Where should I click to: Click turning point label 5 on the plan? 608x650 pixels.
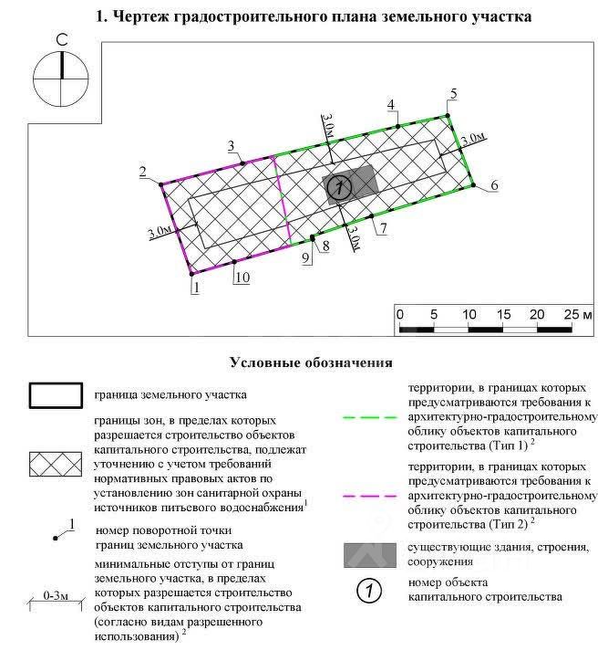pos(453,94)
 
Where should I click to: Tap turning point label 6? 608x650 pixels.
pos(493,185)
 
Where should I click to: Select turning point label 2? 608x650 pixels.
pos(142,172)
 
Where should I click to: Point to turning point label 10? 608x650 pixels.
pos(241,277)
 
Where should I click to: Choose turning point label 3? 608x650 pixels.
pos(232,146)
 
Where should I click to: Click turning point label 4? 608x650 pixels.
pos(391,104)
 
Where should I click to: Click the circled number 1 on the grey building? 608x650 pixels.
pos(338,187)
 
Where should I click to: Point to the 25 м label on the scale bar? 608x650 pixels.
pos(578,314)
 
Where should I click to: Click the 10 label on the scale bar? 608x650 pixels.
pos(470,314)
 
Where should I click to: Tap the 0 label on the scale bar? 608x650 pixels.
pos(400,314)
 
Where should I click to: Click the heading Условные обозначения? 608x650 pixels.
pos(311,362)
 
